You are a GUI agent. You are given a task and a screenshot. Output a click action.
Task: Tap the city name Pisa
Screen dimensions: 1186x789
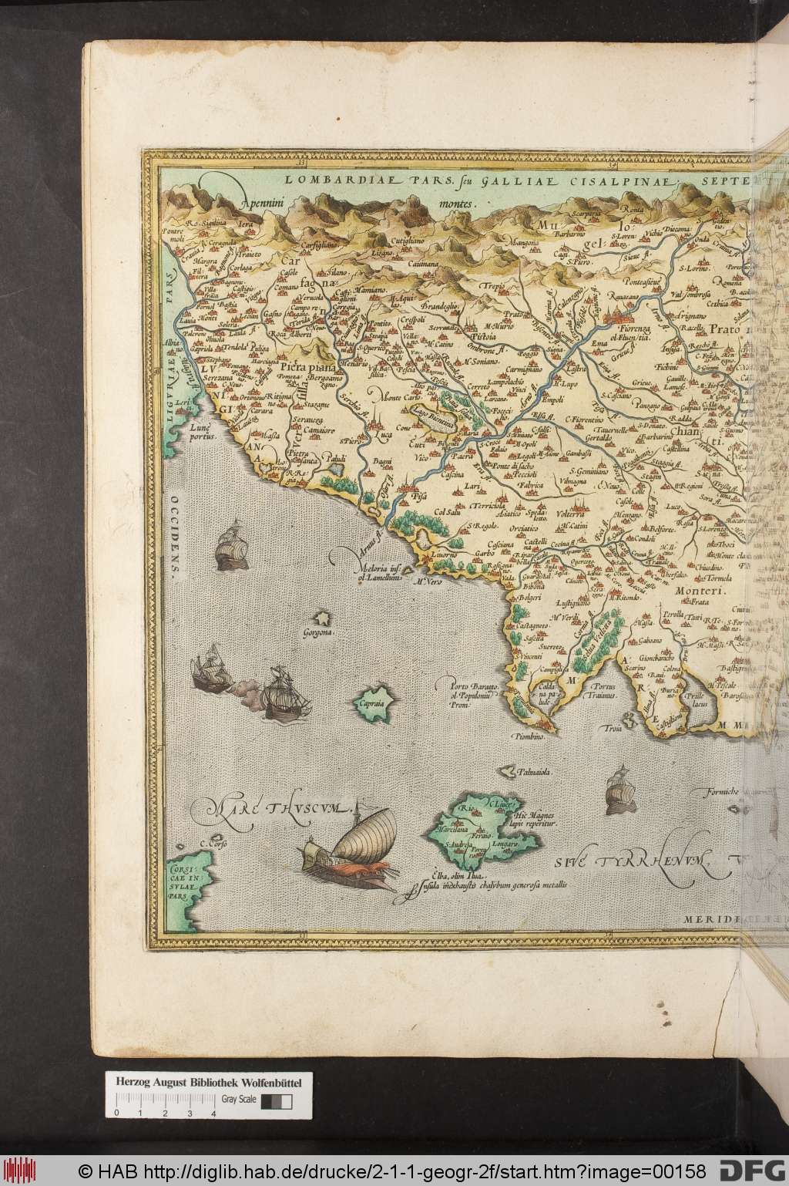(421, 497)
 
